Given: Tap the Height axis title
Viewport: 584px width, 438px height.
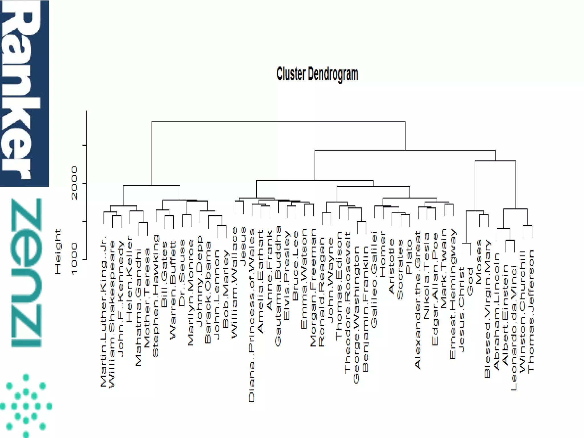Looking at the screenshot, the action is (x=58, y=252).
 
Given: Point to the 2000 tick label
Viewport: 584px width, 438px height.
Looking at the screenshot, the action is (x=74, y=183).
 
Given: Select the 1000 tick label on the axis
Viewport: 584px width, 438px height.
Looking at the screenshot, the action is (x=74, y=259).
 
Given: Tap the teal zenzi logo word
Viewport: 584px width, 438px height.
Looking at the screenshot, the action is (x=26, y=272).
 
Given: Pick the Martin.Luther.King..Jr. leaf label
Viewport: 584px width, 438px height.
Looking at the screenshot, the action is (x=104, y=311).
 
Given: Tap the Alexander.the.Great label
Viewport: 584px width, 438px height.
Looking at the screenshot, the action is (x=418, y=300).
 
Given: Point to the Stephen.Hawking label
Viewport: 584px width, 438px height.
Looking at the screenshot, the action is (x=156, y=296).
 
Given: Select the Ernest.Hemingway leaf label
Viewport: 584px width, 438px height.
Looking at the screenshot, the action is (x=453, y=294).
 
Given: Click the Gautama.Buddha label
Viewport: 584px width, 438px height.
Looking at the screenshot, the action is (x=278, y=286).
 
